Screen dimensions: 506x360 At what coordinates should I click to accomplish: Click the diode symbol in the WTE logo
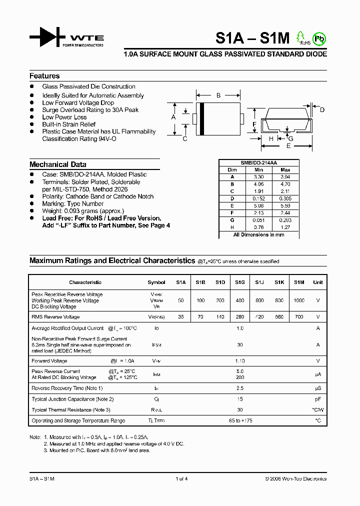coord(47,37)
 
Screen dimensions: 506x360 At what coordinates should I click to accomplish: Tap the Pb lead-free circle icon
coord(318,38)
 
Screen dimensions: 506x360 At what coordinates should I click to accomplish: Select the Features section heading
coord(44,76)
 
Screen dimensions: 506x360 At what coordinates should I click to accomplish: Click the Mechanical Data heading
coord(57,164)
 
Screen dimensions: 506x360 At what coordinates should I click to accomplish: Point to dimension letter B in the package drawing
coord(218,95)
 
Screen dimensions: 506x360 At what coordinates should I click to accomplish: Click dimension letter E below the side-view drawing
coord(288,146)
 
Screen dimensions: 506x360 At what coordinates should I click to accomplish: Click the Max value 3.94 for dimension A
coord(285,177)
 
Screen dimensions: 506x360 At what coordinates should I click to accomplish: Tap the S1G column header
coord(240,282)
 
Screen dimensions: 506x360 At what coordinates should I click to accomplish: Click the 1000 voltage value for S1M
coord(298,300)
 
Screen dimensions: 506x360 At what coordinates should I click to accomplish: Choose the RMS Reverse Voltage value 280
coord(240,317)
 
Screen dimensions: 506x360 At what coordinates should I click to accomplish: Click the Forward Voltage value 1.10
coord(240,360)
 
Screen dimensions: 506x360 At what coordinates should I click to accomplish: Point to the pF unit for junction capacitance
coord(317,399)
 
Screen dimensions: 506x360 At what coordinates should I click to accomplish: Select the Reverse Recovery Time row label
coord(67,388)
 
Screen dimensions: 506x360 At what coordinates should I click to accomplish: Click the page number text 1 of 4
coord(181,478)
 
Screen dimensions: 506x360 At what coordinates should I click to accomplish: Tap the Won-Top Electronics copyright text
coord(295,478)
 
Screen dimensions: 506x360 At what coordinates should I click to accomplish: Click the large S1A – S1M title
coord(253,38)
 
